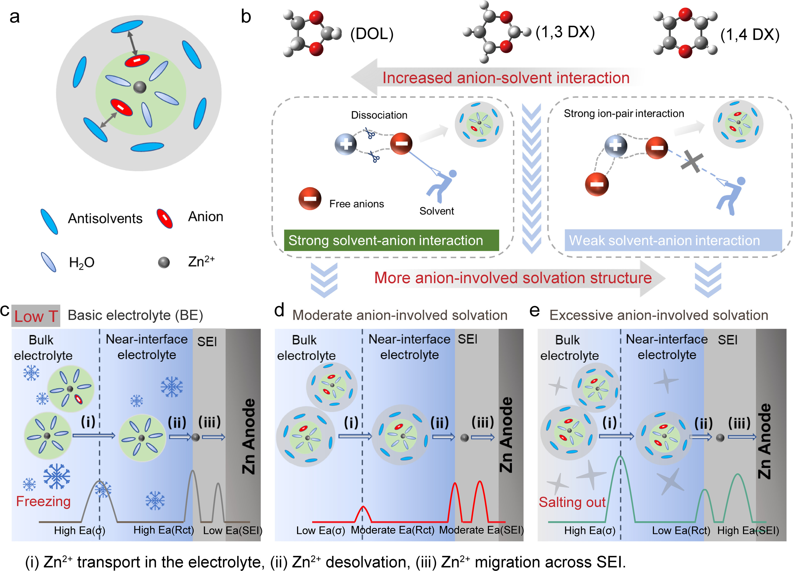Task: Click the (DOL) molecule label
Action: (x=372, y=34)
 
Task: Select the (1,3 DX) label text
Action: (x=565, y=32)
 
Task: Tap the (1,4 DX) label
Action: (x=750, y=35)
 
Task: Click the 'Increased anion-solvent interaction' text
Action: (x=506, y=78)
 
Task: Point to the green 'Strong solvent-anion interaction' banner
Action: (x=391, y=240)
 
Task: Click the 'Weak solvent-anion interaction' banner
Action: (x=673, y=240)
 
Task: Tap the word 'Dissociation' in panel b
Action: (x=379, y=115)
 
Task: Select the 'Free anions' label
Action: (x=356, y=204)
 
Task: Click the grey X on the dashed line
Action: (x=692, y=161)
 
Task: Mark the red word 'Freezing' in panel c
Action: (x=43, y=501)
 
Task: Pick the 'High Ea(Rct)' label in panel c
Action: (x=163, y=530)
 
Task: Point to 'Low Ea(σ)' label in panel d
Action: (x=320, y=530)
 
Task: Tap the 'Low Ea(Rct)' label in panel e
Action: (x=681, y=530)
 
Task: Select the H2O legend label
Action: (x=81, y=262)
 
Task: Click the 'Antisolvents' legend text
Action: (x=105, y=219)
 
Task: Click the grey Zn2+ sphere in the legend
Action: (x=164, y=262)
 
